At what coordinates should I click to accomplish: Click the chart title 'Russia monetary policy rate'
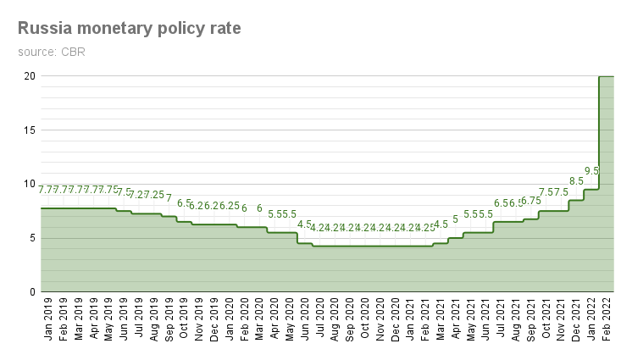[129, 29]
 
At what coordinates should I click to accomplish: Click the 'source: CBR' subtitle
[51, 53]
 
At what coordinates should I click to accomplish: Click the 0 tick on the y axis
[32, 292]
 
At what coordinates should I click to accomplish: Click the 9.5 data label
[591, 171]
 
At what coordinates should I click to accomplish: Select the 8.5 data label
[576, 181]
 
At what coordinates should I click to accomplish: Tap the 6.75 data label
[531, 201]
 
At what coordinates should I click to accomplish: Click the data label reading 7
[169, 198]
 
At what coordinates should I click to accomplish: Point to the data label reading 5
[455, 219]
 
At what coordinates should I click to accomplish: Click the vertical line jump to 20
[599, 132]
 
